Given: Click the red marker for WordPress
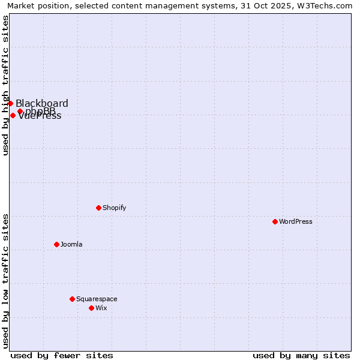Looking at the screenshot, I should pyautogui.click(x=275, y=221).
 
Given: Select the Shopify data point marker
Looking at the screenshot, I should pyautogui.click(x=98, y=208).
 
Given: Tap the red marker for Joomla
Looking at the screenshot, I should pyautogui.click(x=56, y=244).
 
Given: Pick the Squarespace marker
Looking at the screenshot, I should pyautogui.click(x=72, y=299).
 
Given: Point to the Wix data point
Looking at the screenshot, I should pyautogui.click(x=91, y=308).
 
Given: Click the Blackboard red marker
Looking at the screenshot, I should pyautogui.click(x=10, y=103).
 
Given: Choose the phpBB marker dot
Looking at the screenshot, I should pyautogui.click(x=20, y=111).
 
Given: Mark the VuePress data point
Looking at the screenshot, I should pyautogui.click(x=13, y=115).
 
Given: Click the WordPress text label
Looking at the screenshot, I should pyautogui.click(x=296, y=221).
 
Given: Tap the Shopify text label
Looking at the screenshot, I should pyautogui.click(x=115, y=208).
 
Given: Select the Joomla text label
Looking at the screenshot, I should pyautogui.click(x=71, y=244).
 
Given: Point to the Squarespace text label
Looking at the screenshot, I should pyautogui.click(x=97, y=299).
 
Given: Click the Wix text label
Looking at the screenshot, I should pyautogui.click(x=101, y=308).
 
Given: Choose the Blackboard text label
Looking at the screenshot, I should pyautogui.click(x=42, y=103).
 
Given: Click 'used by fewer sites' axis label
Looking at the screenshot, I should pyautogui.click(x=62, y=355).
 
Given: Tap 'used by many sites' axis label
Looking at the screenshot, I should pyautogui.click(x=301, y=355).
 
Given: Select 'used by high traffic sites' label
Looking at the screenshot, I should pyautogui.click(x=5, y=85).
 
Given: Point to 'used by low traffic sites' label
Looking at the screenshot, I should pyautogui.click(x=5, y=281).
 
